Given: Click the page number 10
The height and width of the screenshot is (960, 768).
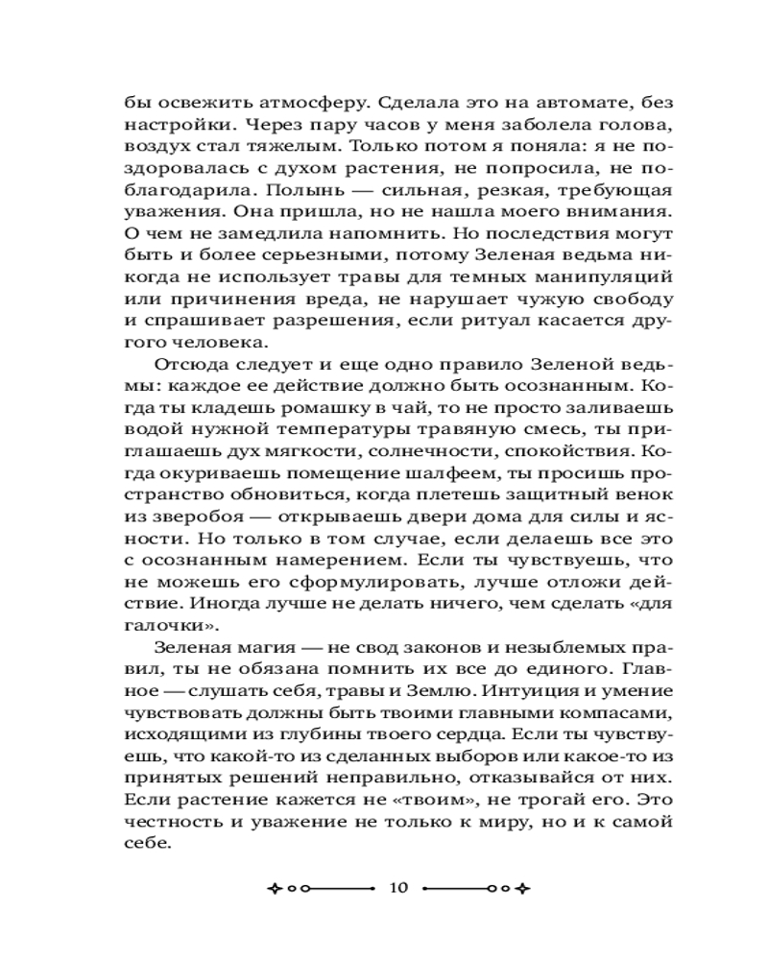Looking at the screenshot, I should tap(399, 888).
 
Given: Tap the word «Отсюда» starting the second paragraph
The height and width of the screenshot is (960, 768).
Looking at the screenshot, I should tap(185, 364).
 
